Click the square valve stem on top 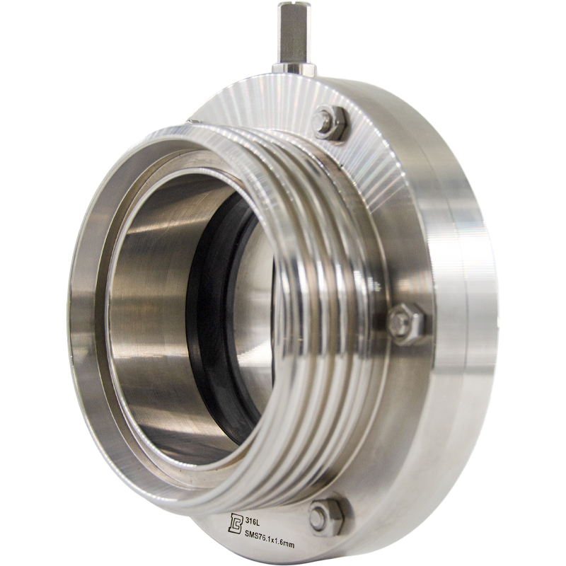click(x=293, y=33)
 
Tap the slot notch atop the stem click(x=293, y=4)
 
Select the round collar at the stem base click(x=294, y=69)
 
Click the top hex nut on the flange click(x=330, y=123)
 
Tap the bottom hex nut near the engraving click(x=325, y=517)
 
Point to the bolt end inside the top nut click(x=323, y=119)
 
